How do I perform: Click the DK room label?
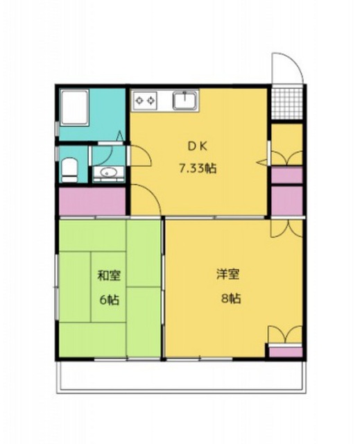pos(198,146)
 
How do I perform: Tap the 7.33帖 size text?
pos(197,169)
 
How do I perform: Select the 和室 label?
pos(109,275)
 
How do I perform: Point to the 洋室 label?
pos(228,274)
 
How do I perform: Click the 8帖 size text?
pos(231,298)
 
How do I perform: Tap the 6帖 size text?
pos(109,300)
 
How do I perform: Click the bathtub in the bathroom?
pos(75,108)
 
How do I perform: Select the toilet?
pos(69,170)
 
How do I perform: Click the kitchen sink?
pos(185,101)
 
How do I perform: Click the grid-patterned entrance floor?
pos(286,103)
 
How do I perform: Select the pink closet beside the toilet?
pos(92,201)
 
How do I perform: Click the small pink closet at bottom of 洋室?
pos(286,352)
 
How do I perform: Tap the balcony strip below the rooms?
pos(181,377)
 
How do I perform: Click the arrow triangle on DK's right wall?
pos(262,162)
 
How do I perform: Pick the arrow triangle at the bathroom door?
pos(120,136)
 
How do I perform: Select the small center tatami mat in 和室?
pos(108,287)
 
